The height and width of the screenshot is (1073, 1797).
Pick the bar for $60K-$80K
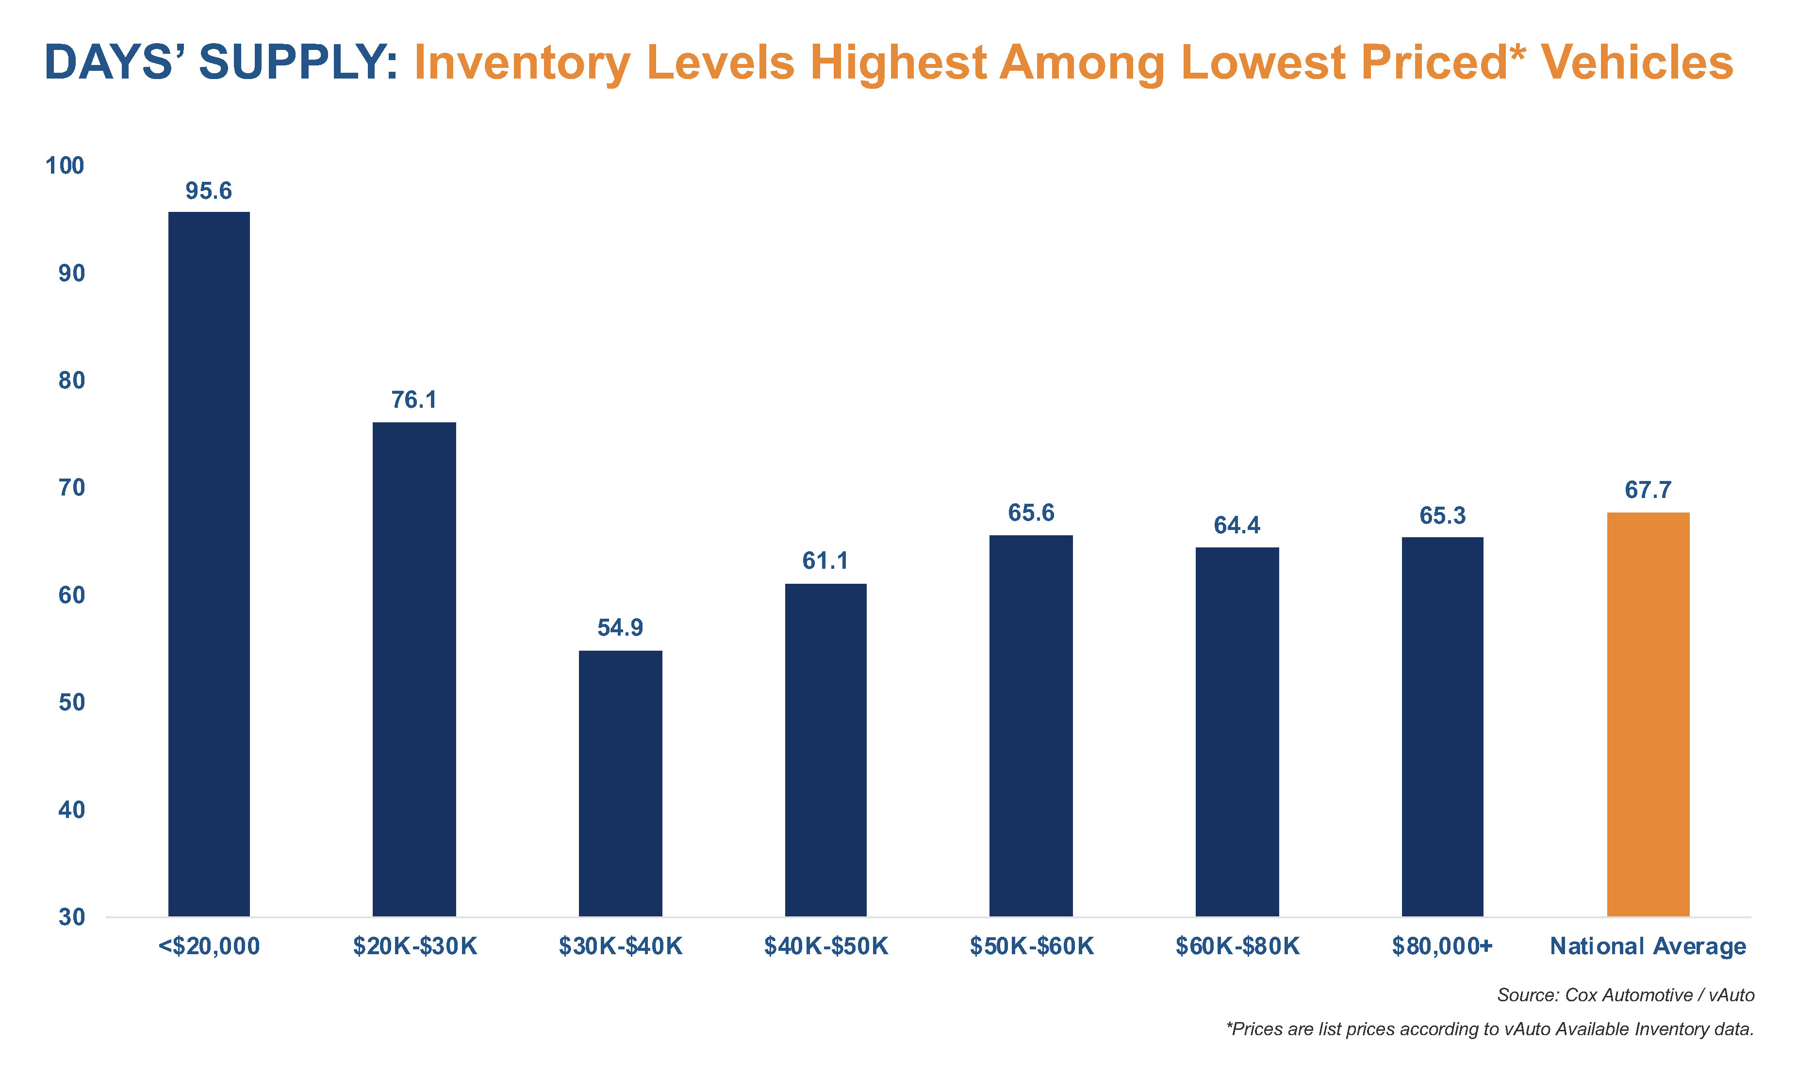(x=1237, y=732)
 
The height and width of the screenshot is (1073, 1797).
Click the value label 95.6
(x=208, y=191)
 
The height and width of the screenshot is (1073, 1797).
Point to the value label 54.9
(x=620, y=627)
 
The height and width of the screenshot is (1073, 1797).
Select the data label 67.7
(x=1648, y=490)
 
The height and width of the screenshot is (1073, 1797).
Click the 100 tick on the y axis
(x=65, y=165)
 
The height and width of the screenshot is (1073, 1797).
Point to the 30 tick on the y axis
(x=72, y=917)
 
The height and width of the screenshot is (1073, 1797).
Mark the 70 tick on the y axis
(x=72, y=488)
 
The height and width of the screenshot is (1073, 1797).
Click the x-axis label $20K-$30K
(x=414, y=946)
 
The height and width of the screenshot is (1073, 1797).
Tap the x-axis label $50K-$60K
(x=1032, y=946)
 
